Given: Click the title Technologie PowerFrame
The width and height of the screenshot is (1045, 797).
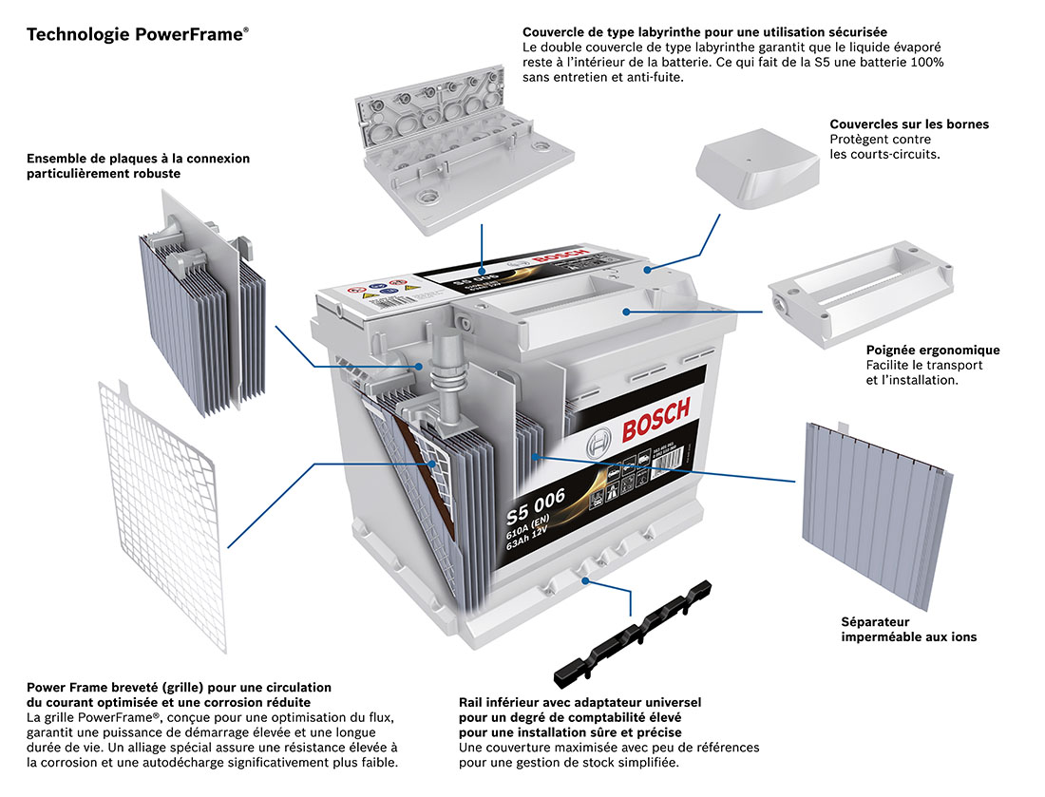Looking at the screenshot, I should pyautogui.click(x=137, y=35).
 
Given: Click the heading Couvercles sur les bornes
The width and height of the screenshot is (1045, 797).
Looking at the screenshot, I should pyautogui.click(x=909, y=124).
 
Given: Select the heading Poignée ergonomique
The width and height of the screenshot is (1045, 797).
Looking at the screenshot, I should pyautogui.click(x=933, y=351).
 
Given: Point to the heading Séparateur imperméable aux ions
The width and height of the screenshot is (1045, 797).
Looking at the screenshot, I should pyautogui.click(x=908, y=629).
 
